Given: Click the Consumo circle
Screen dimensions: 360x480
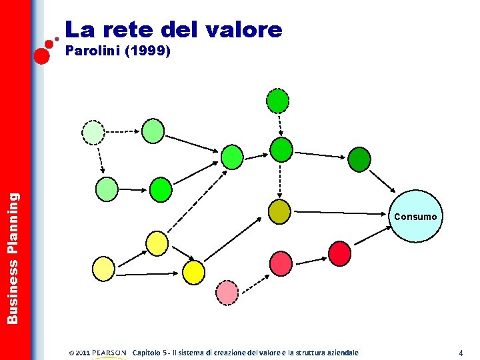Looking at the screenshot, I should pyautogui.click(x=415, y=217).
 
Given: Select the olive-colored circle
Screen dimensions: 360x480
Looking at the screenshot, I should pyautogui.click(x=279, y=211).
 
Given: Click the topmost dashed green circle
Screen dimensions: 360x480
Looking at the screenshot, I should pyautogui.click(x=278, y=101).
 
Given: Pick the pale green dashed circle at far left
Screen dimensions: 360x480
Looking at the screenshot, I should pyautogui.click(x=93, y=133).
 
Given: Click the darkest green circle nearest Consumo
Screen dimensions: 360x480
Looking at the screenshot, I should pyautogui.click(x=359, y=159).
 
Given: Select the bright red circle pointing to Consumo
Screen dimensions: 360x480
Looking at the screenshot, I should pyautogui.click(x=340, y=253).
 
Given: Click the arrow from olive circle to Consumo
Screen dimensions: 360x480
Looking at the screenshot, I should pyautogui.click(x=340, y=214).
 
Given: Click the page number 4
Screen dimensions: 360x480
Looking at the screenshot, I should pyautogui.click(x=460, y=352).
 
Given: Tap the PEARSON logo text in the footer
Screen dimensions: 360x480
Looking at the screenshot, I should pyautogui.click(x=109, y=352).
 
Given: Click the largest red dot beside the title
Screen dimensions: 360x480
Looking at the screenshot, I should pyautogui.click(x=42, y=55).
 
